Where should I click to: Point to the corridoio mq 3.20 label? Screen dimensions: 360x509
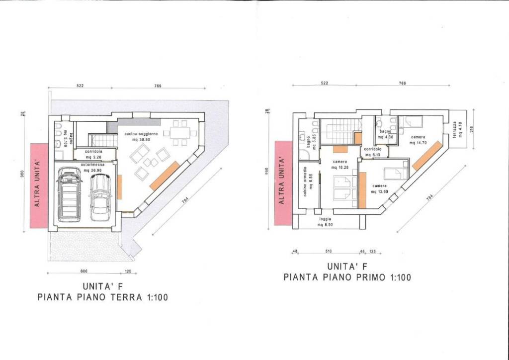point(93,153)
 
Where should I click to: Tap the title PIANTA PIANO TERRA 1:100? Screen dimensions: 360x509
point(103,298)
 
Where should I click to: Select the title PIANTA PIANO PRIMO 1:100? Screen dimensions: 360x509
point(347,277)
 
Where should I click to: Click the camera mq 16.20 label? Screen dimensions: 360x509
point(340,165)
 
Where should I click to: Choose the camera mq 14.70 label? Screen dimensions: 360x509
point(419,140)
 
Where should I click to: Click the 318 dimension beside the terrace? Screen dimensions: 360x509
point(471,128)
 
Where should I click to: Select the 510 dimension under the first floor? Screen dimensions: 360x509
point(328,252)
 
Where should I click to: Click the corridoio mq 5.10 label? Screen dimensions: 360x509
point(372,152)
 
